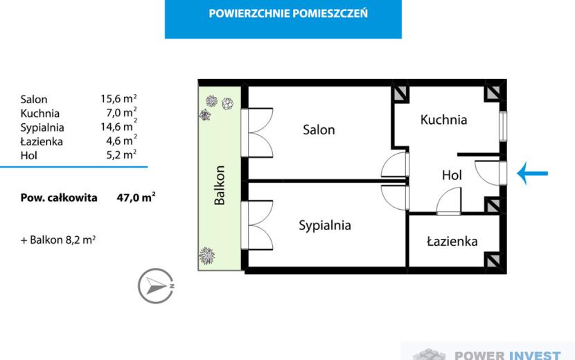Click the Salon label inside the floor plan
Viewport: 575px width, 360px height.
click(x=319, y=129)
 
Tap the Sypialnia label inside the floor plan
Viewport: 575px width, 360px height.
click(x=324, y=225)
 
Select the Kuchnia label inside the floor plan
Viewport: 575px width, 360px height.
click(x=443, y=120)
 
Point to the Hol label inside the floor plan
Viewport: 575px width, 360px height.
click(x=452, y=175)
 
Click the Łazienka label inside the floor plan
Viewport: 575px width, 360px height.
click(x=452, y=241)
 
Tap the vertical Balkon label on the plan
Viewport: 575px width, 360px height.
click(x=220, y=185)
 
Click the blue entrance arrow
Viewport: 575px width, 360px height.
click(x=533, y=173)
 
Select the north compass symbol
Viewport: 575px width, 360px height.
click(x=156, y=286)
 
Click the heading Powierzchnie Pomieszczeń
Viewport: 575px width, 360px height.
click(x=288, y=14)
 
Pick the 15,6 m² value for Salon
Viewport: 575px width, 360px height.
click(x=119, y=98)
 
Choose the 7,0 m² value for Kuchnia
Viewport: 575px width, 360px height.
click(x=122, y=112)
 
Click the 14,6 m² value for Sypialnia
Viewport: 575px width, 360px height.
click(x=119, y=127)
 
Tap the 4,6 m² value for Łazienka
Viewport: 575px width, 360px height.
click(x=122, y=141)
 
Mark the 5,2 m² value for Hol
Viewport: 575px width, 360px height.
click(x=122, y=154)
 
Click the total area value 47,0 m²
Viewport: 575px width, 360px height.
click(x=136, y=197)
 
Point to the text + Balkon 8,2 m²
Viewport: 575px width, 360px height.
click(x=58, y=240)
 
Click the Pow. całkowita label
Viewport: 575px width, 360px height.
click(x=59, y=198)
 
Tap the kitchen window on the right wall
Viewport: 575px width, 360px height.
click(x=503, y=127)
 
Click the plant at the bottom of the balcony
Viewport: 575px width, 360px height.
click(x=207, y=256)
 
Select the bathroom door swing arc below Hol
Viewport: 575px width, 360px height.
click(x=449, y=201)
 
